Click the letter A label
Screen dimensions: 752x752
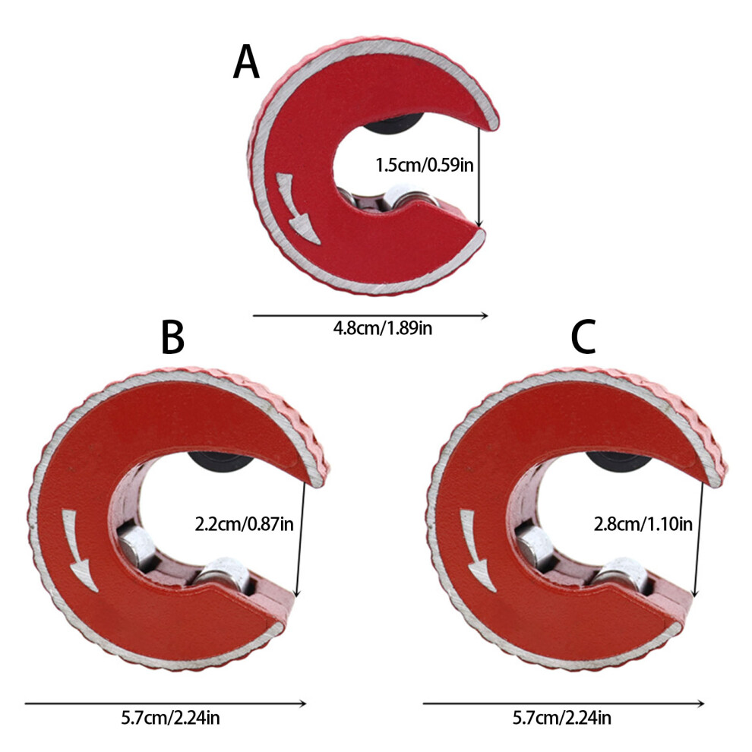pyautogui.click(x=246, y=62)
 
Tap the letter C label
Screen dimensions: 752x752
pyautogui.click(x=583, y=337)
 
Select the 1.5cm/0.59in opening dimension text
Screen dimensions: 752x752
pyautogui.click(x=425, y=165)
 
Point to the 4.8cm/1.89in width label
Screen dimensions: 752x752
pyautogui.click(x=383, y=328)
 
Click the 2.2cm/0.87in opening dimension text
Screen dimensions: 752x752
pyautogui.click(x=244, y=523)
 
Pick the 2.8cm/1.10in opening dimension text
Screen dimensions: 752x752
pyautogui.click(x=643, y=523)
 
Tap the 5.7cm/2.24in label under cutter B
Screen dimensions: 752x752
pyautogui.click(x=170, y=718)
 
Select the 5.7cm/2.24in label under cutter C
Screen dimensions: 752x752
pyautogui.click(x=562, y=718)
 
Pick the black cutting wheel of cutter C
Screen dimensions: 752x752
pyautogui.click(x=618, y=461)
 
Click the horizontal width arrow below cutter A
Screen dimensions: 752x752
pyautogui.click(x=370, y=315)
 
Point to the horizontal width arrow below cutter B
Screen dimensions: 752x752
pyautogui.click(x=166, y=703)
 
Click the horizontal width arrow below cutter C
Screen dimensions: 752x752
pyautogui.click(x=564, y=703)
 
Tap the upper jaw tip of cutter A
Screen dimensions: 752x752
pyautogui.click(x=495, y=124)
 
